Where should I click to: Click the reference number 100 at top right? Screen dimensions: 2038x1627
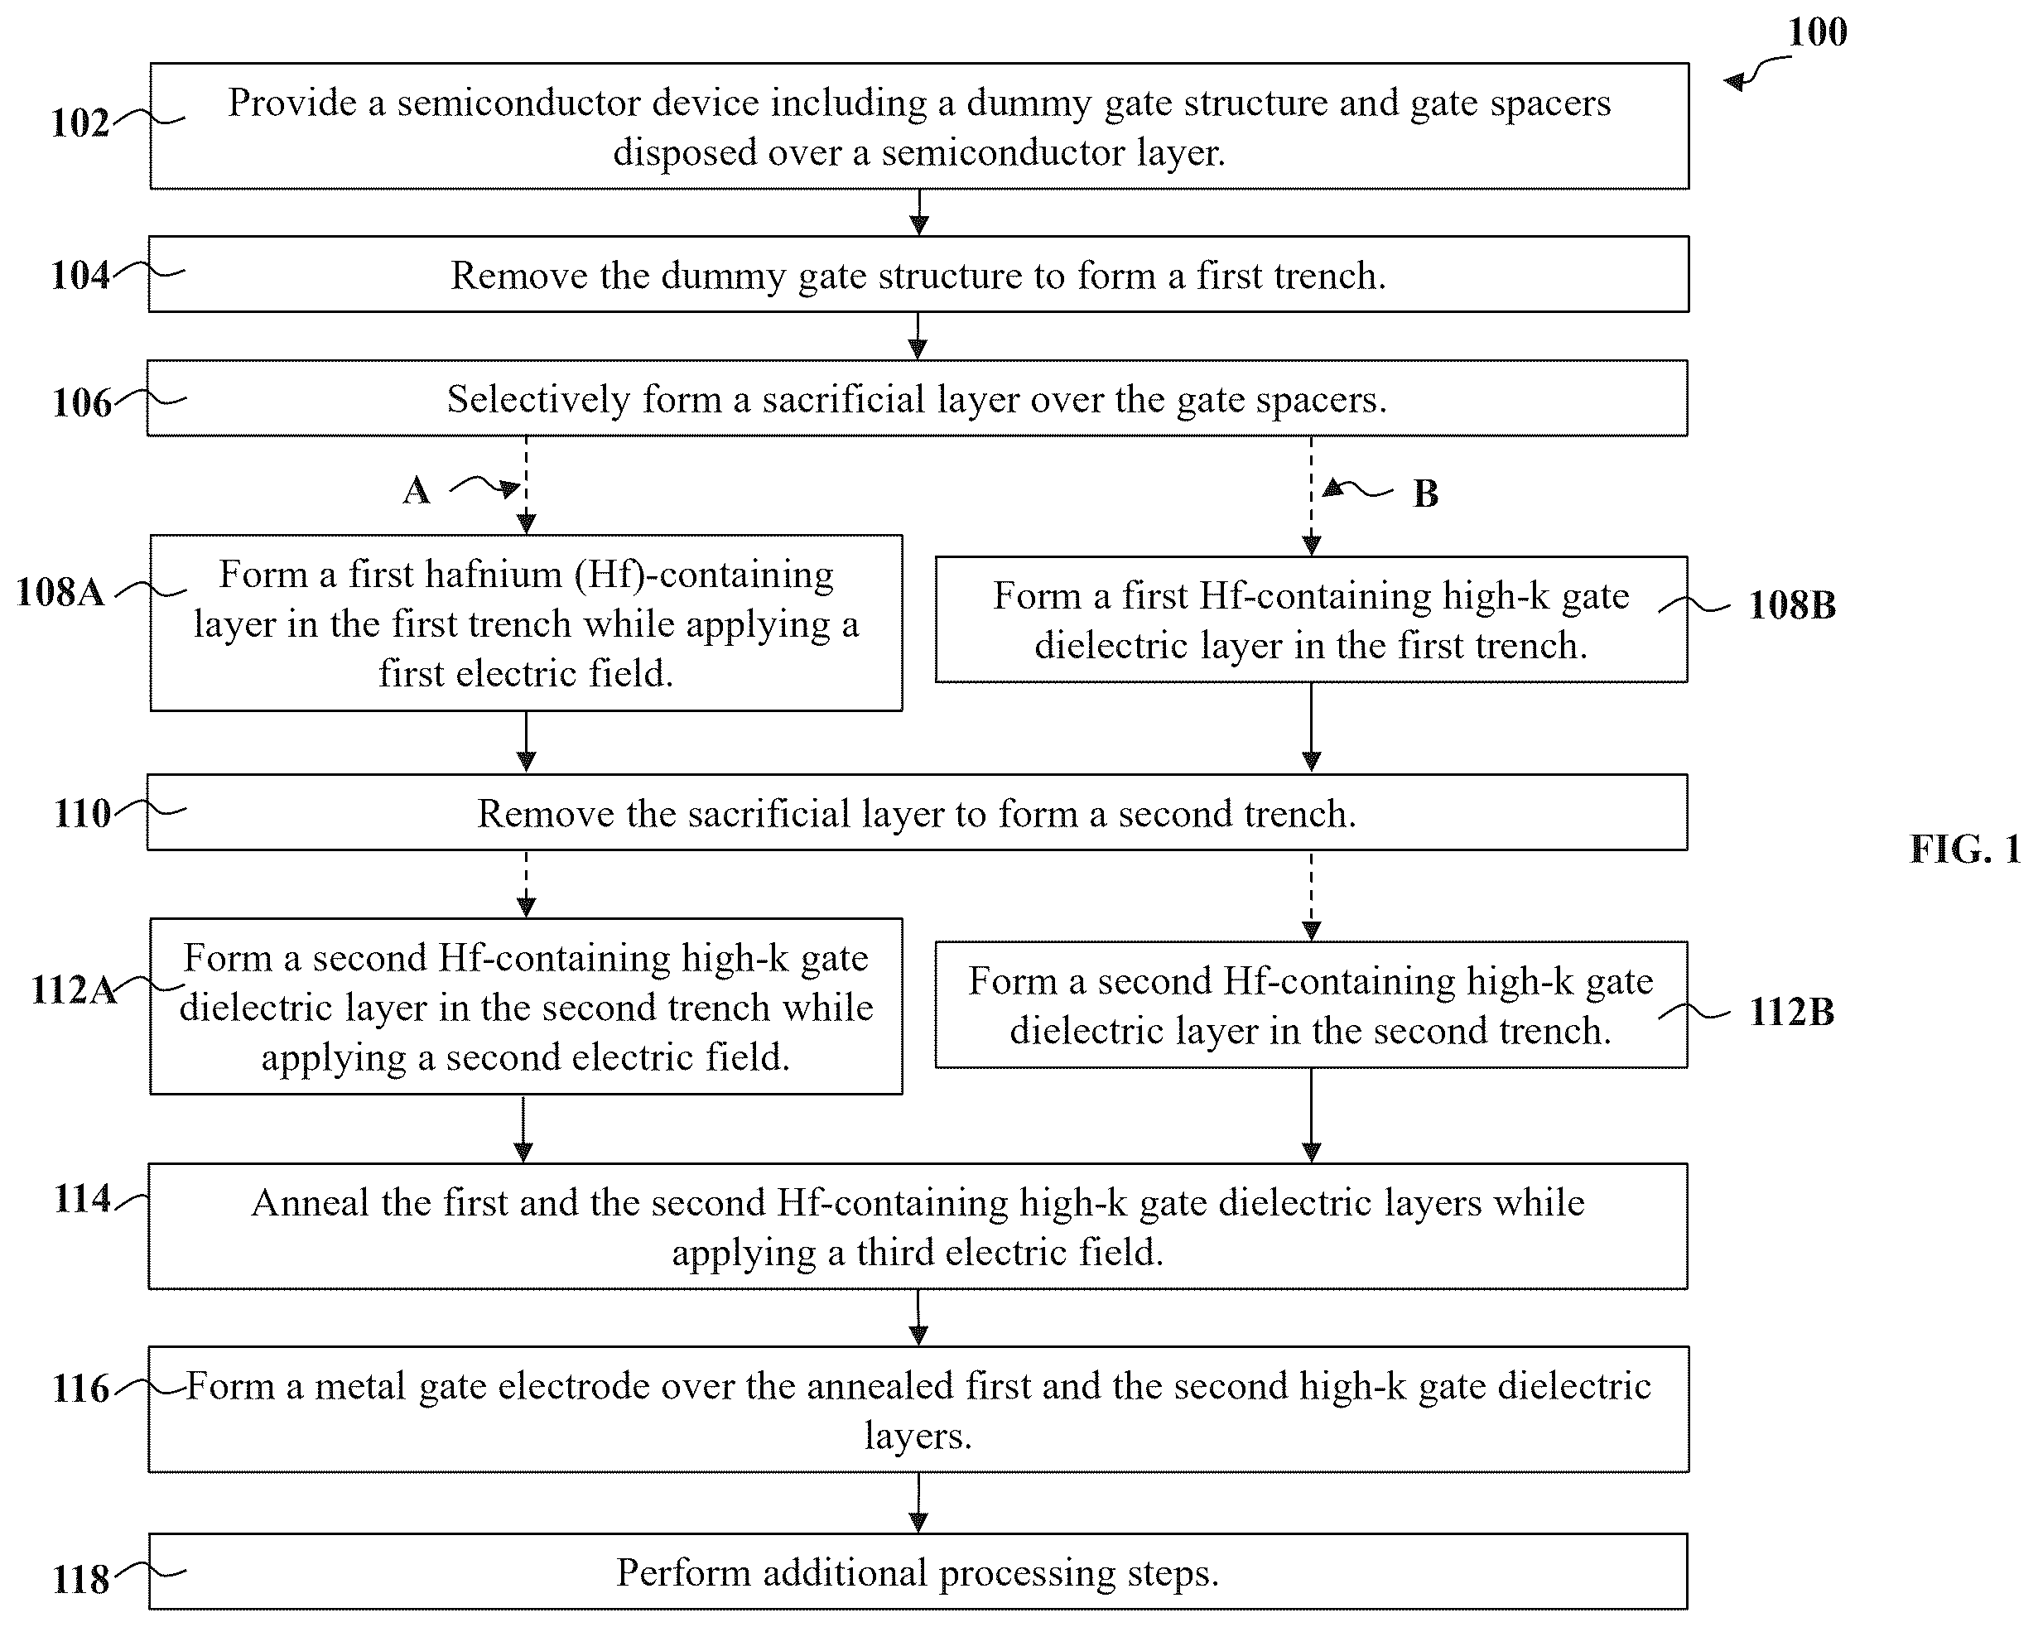(x=1817, y=32)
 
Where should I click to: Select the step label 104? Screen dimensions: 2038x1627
(x=80, y=276)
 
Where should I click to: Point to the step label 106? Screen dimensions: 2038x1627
(x=82, y=402)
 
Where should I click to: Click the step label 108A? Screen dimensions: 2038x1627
(x=60, y=593)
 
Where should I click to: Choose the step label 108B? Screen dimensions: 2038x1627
(x=1792, y=605)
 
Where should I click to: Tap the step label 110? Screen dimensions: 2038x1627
(x=82, y=814)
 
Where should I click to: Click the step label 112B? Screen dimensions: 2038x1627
(x=1791, y=1013)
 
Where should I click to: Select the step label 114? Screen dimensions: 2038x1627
(x=82, y=1199)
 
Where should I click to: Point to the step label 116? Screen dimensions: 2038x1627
(x=81, y=1389)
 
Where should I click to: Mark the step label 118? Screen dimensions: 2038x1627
(x=81, y=1580)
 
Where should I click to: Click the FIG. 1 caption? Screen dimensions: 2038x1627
(x=1965, y=850)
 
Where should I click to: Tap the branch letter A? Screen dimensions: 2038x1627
(x=417, y=491)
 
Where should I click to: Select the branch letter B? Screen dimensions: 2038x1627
(x=1425, y=493)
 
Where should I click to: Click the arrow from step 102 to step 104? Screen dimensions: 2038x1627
(x=919, y=213)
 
